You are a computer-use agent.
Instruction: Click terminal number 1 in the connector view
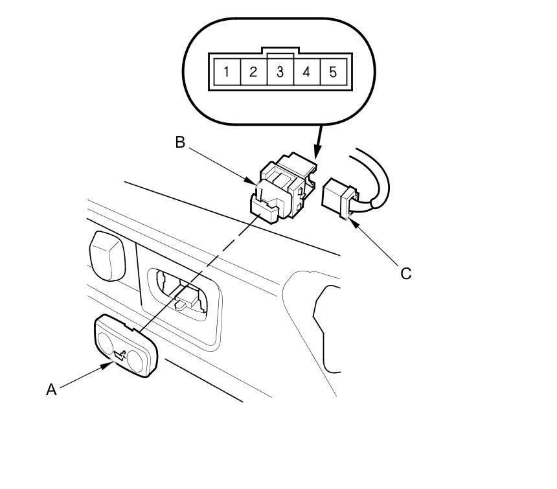(x=226, y=71)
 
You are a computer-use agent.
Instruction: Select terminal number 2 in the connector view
(x=253, y=71)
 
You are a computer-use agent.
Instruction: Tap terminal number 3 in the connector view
(x=280, y=71)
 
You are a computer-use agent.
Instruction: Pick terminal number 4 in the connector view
(x=306, y=71)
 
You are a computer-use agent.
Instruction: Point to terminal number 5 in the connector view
(x=333, y=71)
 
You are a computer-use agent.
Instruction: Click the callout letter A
(x=52, y=389)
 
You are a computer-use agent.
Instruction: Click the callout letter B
(x=180, y=142)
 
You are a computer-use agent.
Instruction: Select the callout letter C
(x=405, y=273)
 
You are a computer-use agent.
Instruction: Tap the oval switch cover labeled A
(x=126, y=345)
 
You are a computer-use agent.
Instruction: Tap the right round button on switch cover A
(x=137, y=358)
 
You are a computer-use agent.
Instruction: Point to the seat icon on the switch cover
(x=122, y=353)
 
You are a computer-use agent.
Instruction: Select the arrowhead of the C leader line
(x=350, y=222)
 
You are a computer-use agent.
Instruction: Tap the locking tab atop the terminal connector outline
(x=280, y=50)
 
